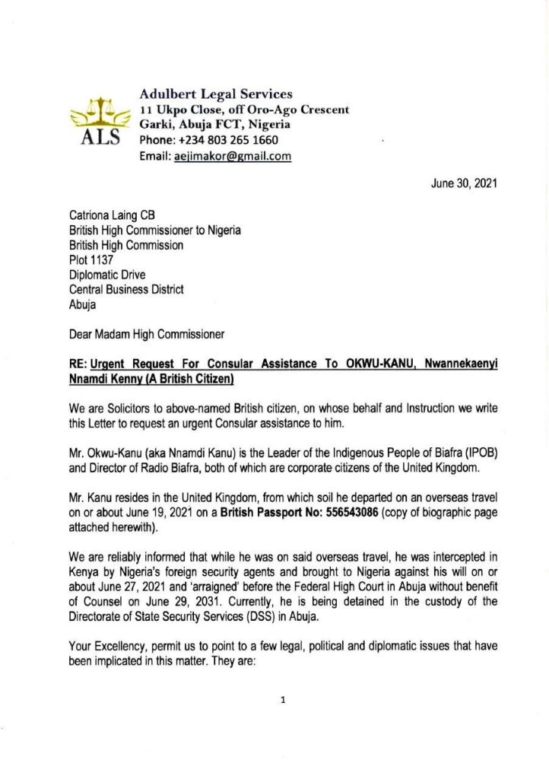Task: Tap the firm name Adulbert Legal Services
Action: pyautogui.click(x=216, y=94)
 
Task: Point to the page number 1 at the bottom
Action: pyautogui.click(x=282, y=702)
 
